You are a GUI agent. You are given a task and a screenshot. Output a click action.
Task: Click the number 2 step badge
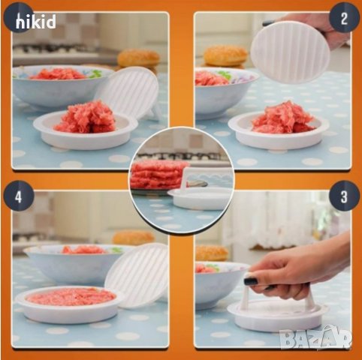click(344, 17)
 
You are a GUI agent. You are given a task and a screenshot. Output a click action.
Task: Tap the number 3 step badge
click(344, 196)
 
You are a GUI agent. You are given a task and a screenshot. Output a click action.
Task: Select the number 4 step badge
click(19, 196)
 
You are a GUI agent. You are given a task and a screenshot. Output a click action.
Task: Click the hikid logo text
click(36, 22)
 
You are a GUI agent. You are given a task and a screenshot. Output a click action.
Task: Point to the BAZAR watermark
click(316, 338)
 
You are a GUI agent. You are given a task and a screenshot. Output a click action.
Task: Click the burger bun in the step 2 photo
click(225, 55)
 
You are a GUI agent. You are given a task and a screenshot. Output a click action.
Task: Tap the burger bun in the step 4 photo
click(133, 238)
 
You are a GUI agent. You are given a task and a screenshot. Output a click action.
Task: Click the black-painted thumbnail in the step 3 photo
click(251, 280)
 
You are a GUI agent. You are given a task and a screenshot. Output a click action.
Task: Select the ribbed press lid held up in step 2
click(290, 52)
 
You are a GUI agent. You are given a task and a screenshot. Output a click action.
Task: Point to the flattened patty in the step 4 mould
click(71, 296)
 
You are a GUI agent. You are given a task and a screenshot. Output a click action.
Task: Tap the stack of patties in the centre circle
click(157, 175)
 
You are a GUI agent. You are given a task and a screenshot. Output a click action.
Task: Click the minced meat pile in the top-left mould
click(85, 117)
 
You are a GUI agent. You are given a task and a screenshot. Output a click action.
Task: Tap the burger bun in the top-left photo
click(138, 58)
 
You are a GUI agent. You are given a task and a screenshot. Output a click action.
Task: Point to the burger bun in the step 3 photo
click(212, 253)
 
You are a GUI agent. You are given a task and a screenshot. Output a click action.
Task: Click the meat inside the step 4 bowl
click(84, 250)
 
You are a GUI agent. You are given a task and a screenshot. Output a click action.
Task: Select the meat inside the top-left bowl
click(58, 73)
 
